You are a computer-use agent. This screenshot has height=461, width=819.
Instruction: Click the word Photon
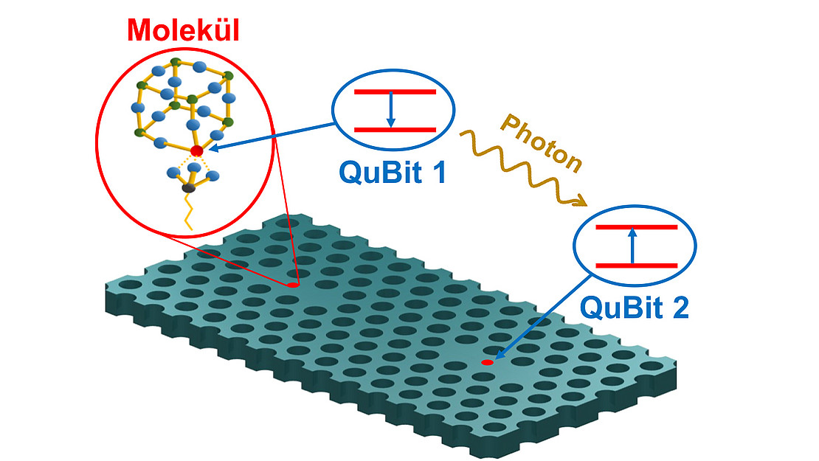coord(543,145)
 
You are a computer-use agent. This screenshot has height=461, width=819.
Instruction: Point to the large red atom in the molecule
coord(196,151)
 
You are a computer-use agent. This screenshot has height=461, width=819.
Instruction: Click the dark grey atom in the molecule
coord(189,189)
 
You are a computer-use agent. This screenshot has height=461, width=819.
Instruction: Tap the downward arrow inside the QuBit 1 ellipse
coord(391,111)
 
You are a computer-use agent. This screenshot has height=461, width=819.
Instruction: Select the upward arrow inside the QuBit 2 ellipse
coord(632,246)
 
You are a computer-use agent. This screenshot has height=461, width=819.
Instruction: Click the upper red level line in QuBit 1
coord(395,92)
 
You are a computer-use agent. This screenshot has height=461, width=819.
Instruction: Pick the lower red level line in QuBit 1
coord(395,129)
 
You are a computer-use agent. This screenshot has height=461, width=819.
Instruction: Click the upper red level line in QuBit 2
coord(635,227)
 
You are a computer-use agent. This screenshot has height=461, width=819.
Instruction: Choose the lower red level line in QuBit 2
coord(635,265)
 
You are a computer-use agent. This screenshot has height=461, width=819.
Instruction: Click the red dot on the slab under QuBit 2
coord(487,362)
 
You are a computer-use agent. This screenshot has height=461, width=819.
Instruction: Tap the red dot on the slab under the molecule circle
coord(292,284)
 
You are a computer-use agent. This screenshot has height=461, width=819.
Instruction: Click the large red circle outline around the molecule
coord(98,140)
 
